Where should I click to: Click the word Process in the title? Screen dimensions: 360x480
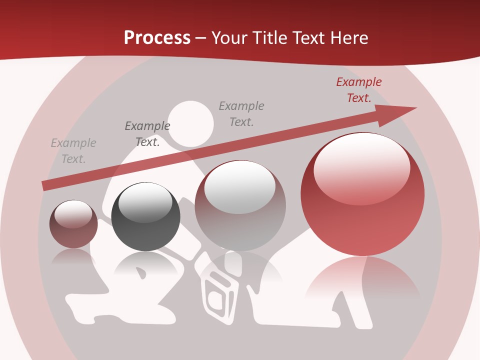(x=157, y=38)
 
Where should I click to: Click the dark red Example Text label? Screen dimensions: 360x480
(x=359, y=90)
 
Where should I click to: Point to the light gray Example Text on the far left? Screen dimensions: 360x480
(x=73, y=151)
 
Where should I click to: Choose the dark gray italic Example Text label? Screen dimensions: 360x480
(x=147, y=134)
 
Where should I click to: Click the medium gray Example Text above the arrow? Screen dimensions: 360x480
(x=241, y=113)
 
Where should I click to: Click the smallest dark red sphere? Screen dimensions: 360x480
(x=73, y=224)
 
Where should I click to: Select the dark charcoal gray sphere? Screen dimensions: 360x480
(x=145, y=216)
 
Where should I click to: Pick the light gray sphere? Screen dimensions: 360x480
(x=240, y=205)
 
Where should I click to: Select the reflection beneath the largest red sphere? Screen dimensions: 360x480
(x=362, y=280)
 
